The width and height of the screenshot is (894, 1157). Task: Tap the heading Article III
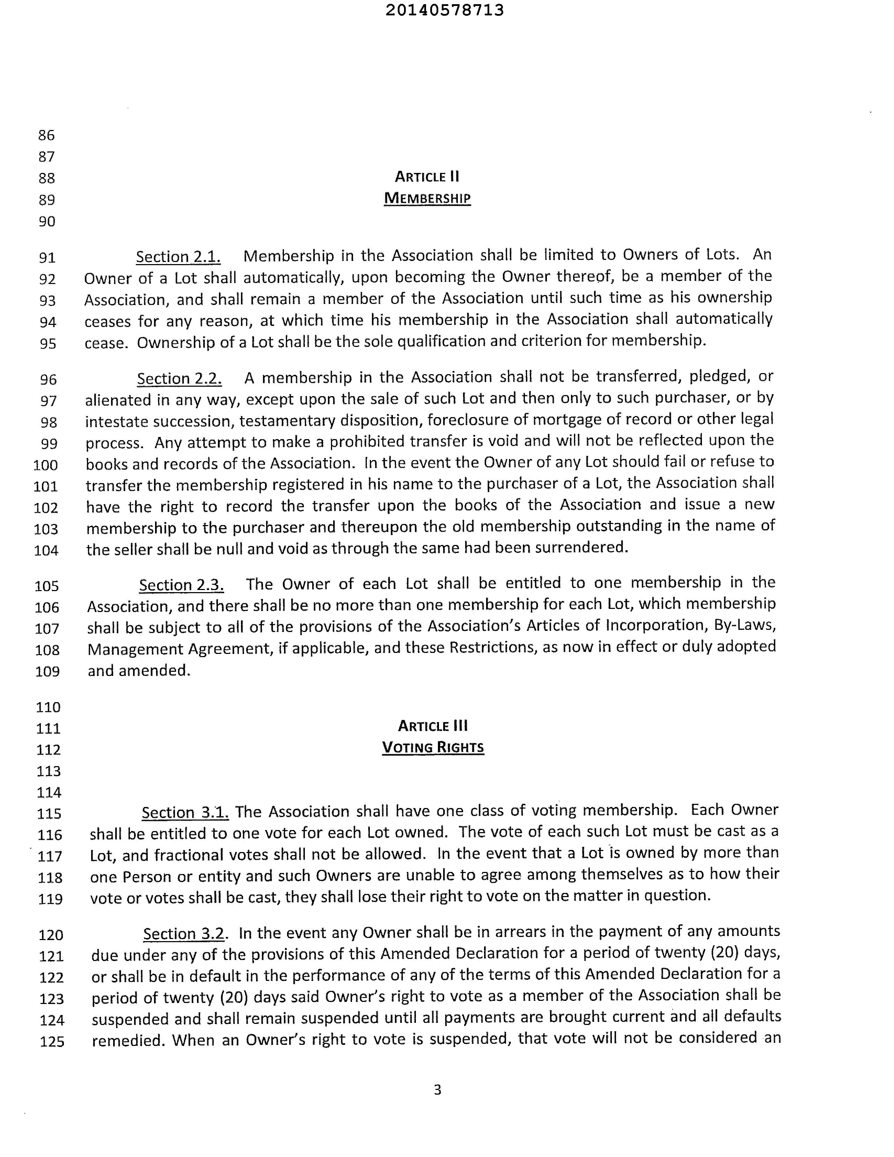pos(433,726)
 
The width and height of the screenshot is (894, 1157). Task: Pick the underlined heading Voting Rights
pos(433,748)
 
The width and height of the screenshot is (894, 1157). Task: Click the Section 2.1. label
pos(178,257)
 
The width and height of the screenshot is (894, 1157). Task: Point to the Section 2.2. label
pos(179,379)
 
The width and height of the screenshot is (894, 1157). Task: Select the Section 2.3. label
pos(181,585)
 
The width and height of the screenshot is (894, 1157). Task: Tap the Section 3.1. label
pos(185,813)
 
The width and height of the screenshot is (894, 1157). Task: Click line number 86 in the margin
pos(46,135)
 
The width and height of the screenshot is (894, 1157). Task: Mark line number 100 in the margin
pos(45,465)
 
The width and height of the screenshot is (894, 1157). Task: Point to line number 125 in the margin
pos(52,1042)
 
